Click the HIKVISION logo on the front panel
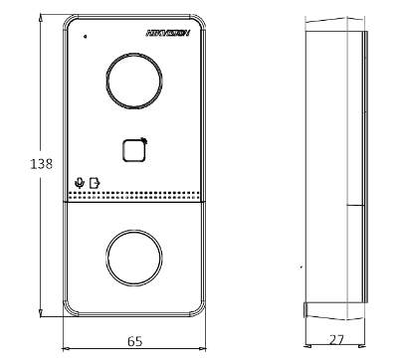click(x=167, y=33)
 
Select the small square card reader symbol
click(x=134, y=150)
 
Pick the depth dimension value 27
click(x=336, y=340)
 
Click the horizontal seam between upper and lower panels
click(x=134, y=202)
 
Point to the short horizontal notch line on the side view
click(x=354, y=206)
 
